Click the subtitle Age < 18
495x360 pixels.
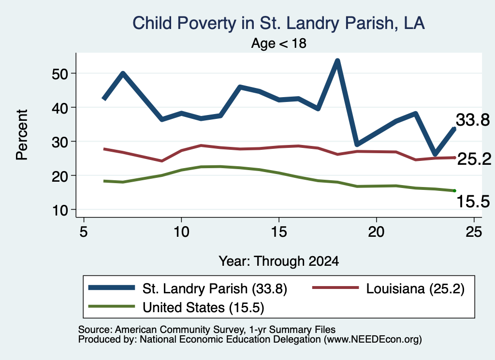(x=279, y=43)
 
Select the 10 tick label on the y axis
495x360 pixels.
(x=60, y=210)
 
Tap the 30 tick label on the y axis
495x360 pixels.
(x=60, y=142)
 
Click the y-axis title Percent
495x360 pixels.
(x=22, y=135)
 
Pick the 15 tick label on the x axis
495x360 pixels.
(x=279, y=232)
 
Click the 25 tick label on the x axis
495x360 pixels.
(x=474, y=232)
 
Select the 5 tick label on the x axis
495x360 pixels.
(x=83, y=232)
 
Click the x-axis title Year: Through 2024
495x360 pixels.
(x=279, y=261)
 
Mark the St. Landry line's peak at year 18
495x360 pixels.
(x=337, y=60)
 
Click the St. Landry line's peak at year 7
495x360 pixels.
(x=123, y=73)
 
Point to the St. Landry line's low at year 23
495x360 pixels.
(x=435, y=154)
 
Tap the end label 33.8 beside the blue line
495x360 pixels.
(x=473, y=120)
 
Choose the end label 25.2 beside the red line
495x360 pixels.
(x=474, y=159)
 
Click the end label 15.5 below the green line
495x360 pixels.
(x=473, y=202)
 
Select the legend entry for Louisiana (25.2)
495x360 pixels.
(x=388, y=288)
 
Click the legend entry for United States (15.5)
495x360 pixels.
(x=176, y=307)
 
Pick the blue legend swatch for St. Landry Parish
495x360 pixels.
(x=112, y=288)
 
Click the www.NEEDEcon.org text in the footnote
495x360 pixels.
(x=372, y=339)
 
